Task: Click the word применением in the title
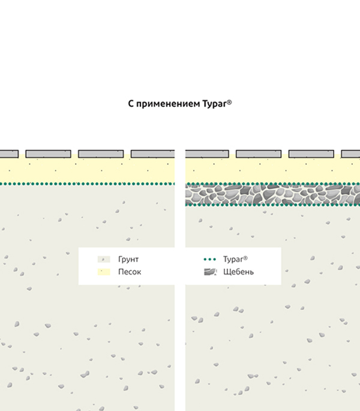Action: pyautogui.click(x=168, y=104)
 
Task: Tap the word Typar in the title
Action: pyautogui.click(x=214, y=104)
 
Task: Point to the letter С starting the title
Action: pyautogui.click(x=131, y=104)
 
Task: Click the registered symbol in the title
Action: pyautogui.click(x=229, y=102)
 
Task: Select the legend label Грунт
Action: pyautogui.click(x=128, y=259)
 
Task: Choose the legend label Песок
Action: pyautogui.click(x=130, y=272)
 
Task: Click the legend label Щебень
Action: pyautogui.click(x=238, y=272)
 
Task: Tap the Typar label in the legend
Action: pyautogui.click(x=235, y=259)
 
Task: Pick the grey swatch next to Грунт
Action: pyautogui.click(x=104, y=259)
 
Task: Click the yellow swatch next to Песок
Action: pyautogui.click(x=104, y=272)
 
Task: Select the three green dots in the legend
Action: pyautogui.click(x=210, y=259)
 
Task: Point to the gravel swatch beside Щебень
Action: pyautogui.click(x=210, y=272)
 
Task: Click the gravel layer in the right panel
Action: pyautogui.click(x=272, y=194)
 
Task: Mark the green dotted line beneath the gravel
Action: pyautogui.click(x=272, y=205)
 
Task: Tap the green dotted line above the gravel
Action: pyautogui.click(x=272, y=184)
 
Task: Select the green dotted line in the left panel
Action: pyautogui.click(x=88, y=184)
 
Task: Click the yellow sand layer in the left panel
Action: pyautogui.click(x=88, y=170)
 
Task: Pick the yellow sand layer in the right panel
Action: pyautogui.click(x=272, y=170)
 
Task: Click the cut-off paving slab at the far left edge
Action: pyautogui.click(x=9, y=154)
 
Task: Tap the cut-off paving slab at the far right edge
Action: pyautogui.click(x=350, y=154)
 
